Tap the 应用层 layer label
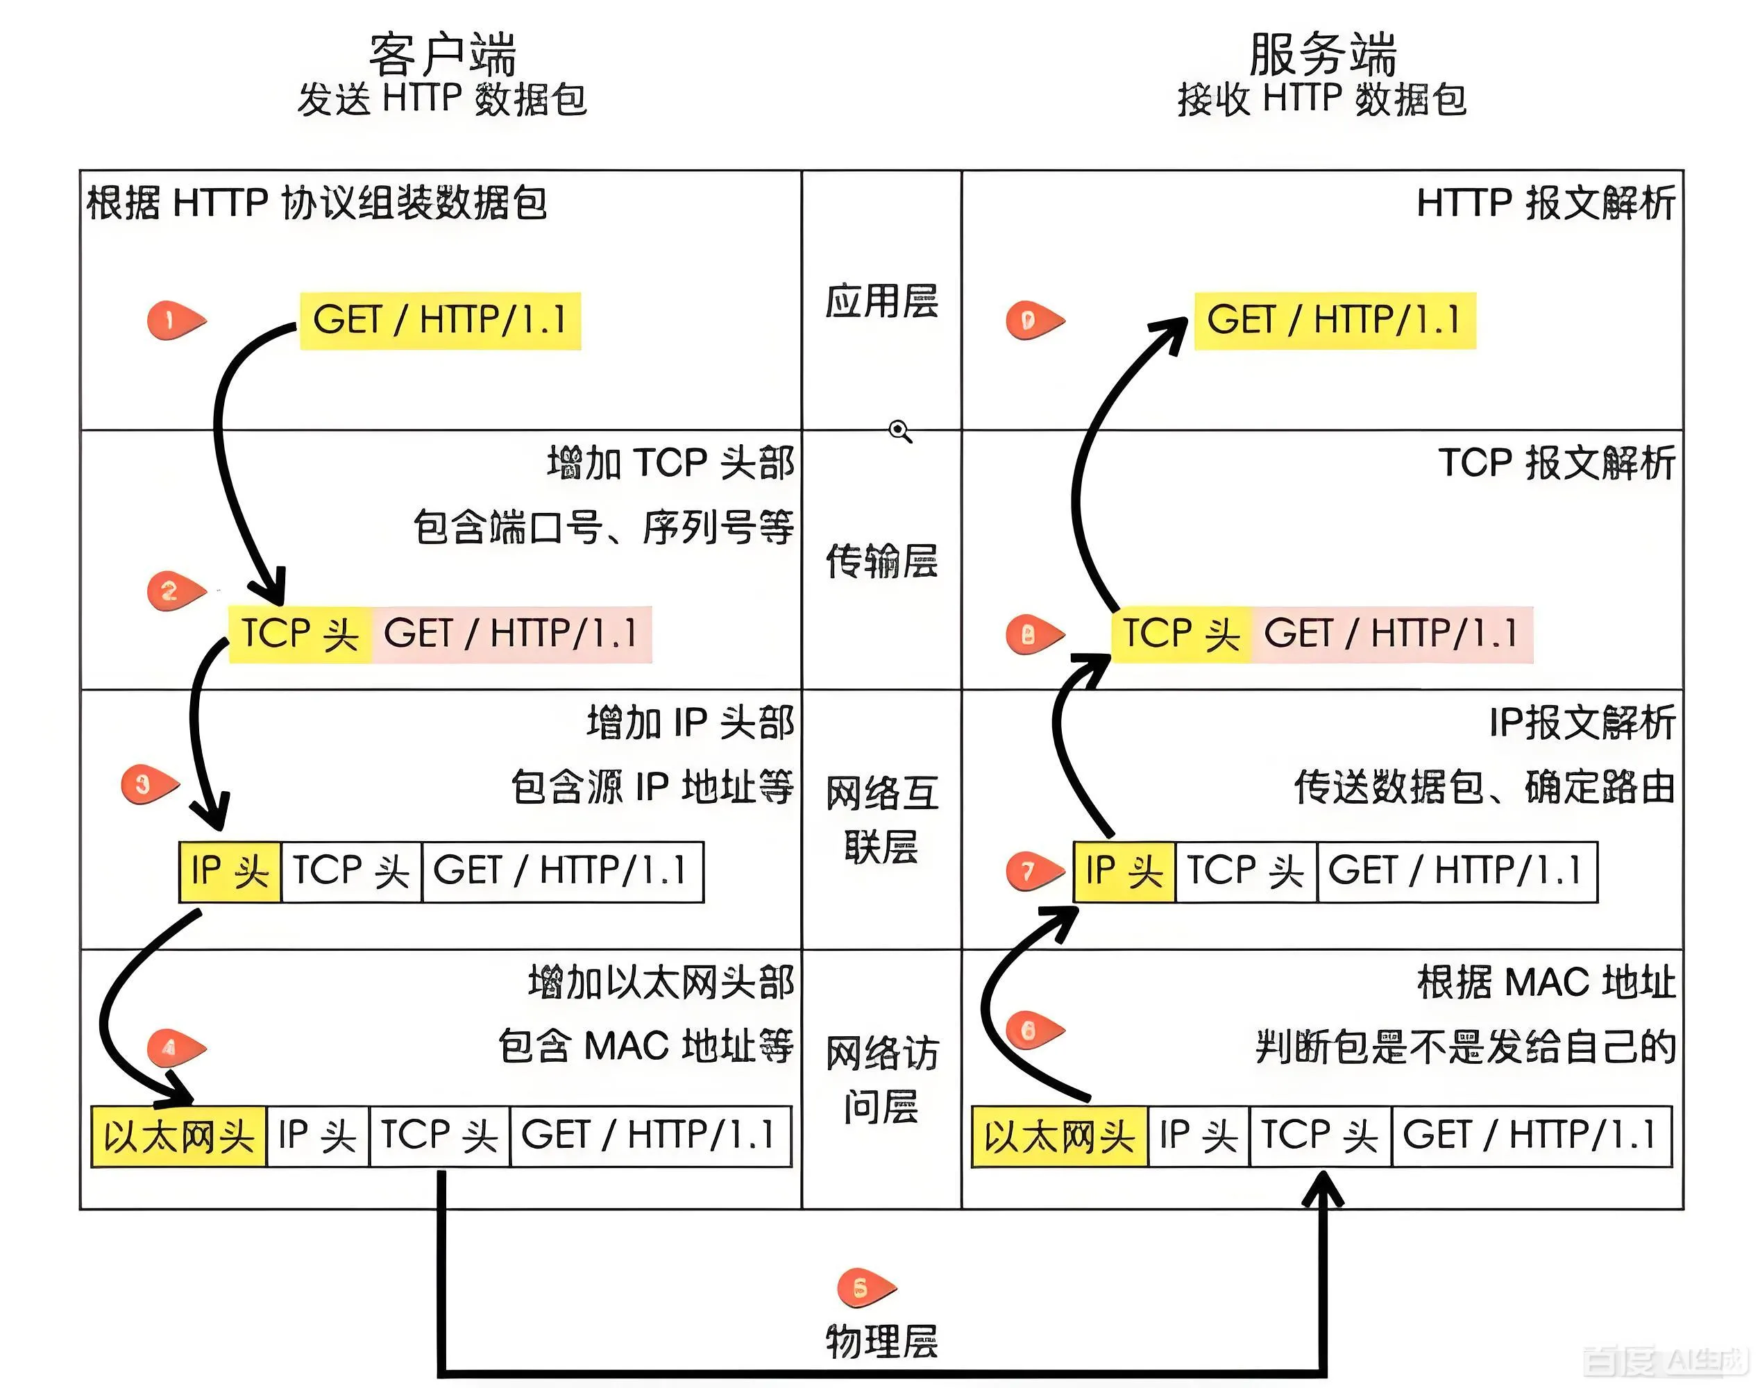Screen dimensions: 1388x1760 [x=881, y=301]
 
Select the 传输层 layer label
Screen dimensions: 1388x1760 [x=881, y=561]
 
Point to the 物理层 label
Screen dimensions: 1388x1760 [x=881, y=1341]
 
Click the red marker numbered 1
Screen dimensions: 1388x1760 [x=173, y=320]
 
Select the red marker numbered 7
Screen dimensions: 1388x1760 [x=1032, y=871]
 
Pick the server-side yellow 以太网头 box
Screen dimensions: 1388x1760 [x=1059, y=1136]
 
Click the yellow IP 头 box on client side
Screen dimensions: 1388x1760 [x=230, y=872]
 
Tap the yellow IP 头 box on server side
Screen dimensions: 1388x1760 [x=1124, y=872]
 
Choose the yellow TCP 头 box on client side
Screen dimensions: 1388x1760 [x=300, y=634]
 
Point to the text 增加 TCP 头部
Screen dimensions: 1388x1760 [x=670, y=463]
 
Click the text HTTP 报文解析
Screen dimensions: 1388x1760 [x=1545, y=203]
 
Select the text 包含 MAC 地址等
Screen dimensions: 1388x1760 [x=645, y=1046]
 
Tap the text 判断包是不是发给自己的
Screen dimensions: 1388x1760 [x=1465, y=1047]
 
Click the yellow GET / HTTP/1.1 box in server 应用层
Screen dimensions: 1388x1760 [x=1334, y=320]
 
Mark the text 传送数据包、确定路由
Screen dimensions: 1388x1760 [x=1484, y=786]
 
